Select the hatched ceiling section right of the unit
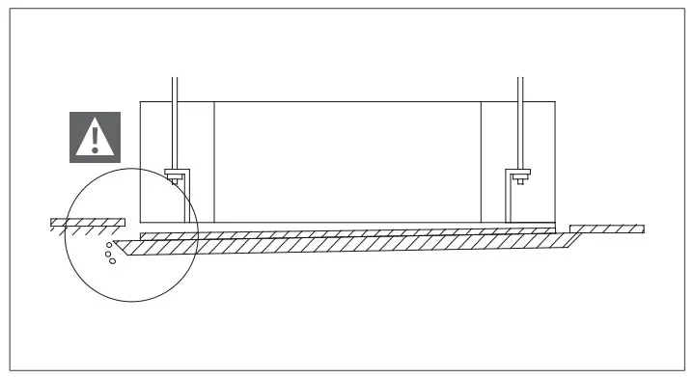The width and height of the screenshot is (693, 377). click(607, 229)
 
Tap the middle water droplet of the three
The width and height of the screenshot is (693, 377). click(110, 253)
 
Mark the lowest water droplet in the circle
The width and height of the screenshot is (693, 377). click(113, 261)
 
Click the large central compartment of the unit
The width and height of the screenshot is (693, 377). click(347, 159)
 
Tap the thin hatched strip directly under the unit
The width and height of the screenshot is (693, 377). click(347, 233)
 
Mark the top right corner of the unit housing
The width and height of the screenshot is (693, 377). click(556, 100)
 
